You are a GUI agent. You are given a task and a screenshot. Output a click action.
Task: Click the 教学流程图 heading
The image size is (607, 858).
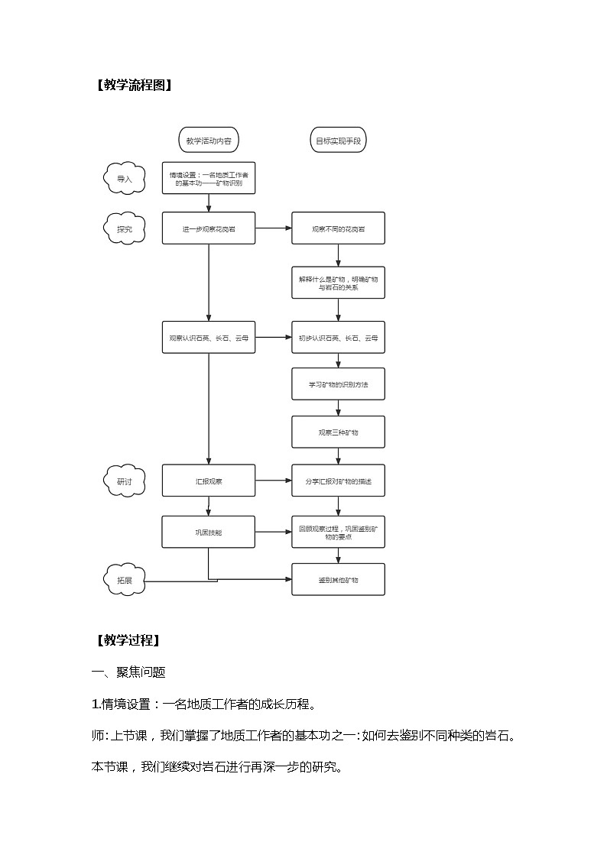point(132,86)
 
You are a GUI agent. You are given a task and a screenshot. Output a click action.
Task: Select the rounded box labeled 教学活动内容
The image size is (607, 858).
point(209,141)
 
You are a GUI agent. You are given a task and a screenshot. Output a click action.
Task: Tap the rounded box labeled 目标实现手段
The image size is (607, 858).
point(338,141)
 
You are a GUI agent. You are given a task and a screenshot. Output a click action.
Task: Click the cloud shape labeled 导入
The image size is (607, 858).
point(124,179)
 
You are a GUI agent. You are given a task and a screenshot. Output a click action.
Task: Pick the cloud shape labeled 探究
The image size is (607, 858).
point(124,228)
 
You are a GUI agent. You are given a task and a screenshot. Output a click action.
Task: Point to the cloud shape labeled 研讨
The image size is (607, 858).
point(124,481)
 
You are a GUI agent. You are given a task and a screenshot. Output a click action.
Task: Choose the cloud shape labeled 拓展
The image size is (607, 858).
point(124,580)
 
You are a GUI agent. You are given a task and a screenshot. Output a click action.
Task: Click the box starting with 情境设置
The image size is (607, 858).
point(209,179)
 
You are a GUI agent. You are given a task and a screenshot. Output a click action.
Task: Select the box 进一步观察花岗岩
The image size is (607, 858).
point(209,228)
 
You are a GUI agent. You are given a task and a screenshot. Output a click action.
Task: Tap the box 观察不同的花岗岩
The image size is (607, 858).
point(338,228)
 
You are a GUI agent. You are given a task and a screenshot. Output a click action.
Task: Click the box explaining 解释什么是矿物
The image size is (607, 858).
point(338,283)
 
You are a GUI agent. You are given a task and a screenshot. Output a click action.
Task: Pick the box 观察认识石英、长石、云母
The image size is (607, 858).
point(209,337)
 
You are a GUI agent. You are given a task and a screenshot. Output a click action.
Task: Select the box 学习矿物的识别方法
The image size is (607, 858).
point(338,384)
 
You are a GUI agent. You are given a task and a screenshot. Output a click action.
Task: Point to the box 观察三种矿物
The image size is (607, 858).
point(338,432)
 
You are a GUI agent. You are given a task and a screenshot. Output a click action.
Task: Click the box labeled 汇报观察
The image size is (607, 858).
point(209,481)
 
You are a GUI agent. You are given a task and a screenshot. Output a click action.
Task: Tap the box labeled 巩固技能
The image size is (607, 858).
point(209,531)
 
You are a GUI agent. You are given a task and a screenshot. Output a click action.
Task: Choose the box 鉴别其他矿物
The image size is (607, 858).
point(338,580)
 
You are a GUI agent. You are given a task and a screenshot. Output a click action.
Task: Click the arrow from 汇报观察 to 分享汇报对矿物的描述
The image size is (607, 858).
point(273,481)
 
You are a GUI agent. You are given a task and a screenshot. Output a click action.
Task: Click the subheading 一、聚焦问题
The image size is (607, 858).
point(128,672)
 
